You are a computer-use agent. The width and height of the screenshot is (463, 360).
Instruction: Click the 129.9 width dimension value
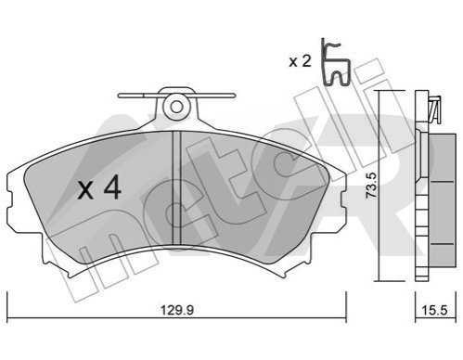click(x=177, y=310)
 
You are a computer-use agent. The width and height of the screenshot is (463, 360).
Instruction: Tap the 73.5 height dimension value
click(x=371, y=186)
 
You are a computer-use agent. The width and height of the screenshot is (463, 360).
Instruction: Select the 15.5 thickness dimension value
click(x=435, y=310)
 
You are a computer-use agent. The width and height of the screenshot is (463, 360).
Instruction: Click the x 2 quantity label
click(x=300, y=61)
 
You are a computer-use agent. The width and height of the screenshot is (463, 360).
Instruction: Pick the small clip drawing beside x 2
click(x=336, y=62)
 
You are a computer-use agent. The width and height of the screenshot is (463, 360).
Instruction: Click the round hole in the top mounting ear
click(x=176, y=108)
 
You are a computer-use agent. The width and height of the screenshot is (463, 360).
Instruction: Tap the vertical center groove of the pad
click(x=176, y=187)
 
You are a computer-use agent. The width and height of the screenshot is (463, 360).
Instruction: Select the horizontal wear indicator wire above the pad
click(x=176, y=96)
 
